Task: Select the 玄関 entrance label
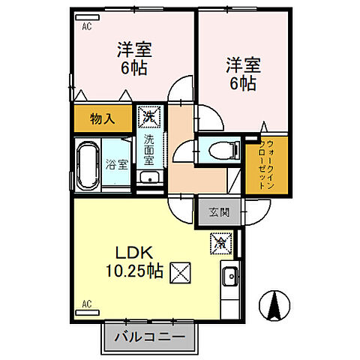(215, 212)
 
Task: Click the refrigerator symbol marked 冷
(220, 243)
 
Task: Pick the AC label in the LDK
(85, 304)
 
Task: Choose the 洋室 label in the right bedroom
(240, 64)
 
